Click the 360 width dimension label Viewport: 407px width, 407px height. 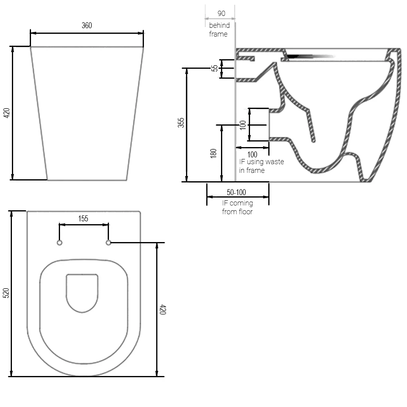click(x=87, y=25)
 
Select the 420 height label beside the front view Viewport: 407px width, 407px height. click(x=6, y=113)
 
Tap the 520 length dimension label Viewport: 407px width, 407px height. click(x=6, y=293)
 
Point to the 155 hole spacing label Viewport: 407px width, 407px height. click(x=83, y=218)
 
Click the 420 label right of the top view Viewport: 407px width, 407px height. click(x=163, y=310)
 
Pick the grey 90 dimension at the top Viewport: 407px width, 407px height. click(x=221, y=13)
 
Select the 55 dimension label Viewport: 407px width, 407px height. click(x=215, y=68)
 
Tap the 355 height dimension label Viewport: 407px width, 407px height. click(x=181, y=123)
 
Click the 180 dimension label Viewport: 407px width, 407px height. click(x=214, y=153)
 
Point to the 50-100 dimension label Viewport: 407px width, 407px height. click(x=236, y=192)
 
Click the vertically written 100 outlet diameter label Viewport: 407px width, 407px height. click(x=243, y=124)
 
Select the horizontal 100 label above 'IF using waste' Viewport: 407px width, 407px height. click(x=252, y=155)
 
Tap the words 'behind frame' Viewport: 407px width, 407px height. click(x=219, y=30)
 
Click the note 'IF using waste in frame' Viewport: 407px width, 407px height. click(x=261, y=166)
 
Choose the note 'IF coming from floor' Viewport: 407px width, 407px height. click(x=237, y=207)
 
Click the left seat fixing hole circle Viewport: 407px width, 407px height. click(x=60, y=242)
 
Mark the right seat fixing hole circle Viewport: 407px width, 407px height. click(x=108, y=242)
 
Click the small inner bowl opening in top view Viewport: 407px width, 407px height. click(x=82, y=293)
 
